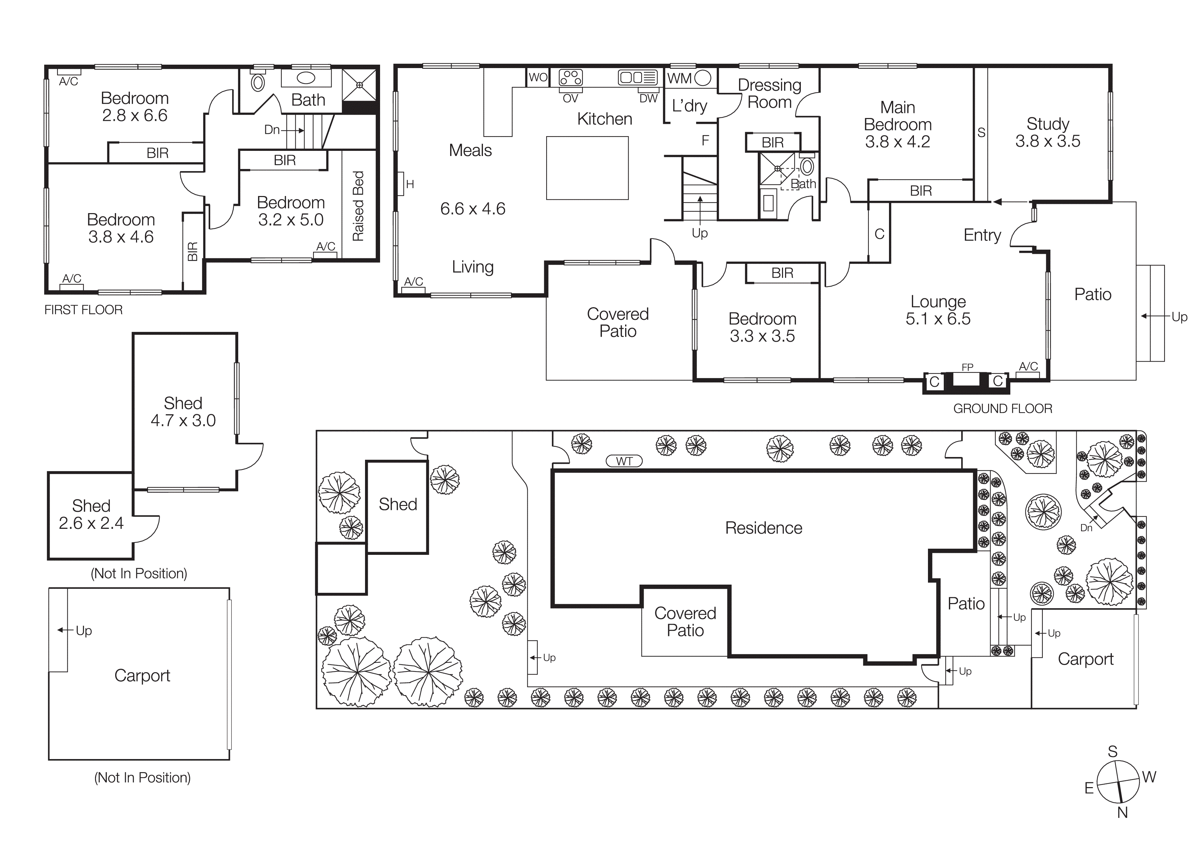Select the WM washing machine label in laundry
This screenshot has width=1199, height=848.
pos(679,78)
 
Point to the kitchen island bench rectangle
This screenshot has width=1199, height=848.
pos(587,168)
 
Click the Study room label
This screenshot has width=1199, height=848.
pos(1048,124)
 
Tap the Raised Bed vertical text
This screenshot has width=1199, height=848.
pos(358,206)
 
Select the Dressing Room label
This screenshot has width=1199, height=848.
pos(769,93)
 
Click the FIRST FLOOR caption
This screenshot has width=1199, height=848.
pos(83,310)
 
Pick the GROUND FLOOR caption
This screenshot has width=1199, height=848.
pos(1002,408)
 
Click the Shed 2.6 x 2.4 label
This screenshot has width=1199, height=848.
pos(91,514)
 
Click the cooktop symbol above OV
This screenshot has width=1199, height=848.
pos(570,77)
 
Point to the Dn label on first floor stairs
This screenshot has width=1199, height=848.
pos(271,130)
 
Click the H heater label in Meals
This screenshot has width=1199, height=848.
pos(409,184)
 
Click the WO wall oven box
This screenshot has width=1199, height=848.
pos(538,77)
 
